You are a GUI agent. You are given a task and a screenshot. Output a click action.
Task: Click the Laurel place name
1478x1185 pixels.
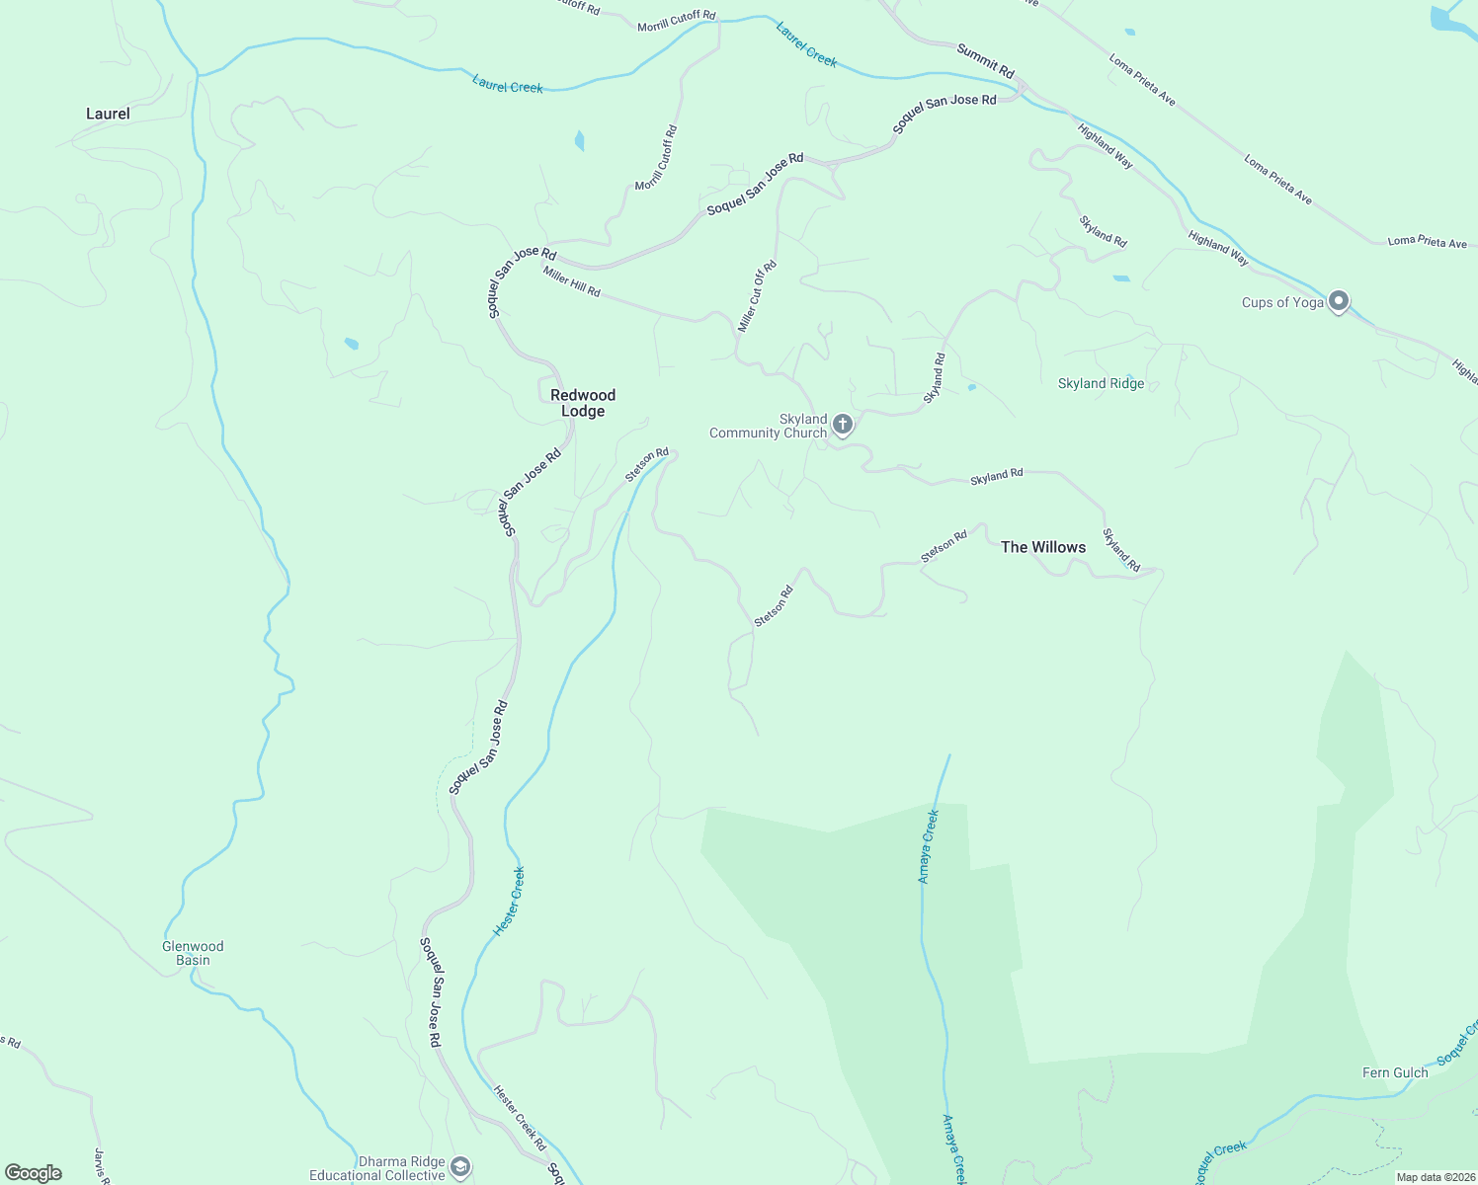(x=108, y=114)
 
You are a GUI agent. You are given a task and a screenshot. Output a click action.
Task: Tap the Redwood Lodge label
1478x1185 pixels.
(x=583, y=403)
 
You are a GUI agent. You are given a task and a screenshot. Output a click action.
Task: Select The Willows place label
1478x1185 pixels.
(x=1043, y=547)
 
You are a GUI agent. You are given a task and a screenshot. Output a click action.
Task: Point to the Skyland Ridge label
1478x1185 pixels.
(x=1101, y=384)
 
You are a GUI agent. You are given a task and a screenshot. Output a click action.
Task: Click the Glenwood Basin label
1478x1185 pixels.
(x=193, y=953)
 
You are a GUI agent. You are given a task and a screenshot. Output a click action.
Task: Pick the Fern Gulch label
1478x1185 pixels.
(x=1395, y=1072)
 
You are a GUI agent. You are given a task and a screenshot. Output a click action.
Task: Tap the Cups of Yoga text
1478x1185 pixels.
(x=1282, y=302)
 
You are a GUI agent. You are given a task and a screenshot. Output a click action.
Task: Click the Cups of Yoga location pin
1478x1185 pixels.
(x=1339, y=300)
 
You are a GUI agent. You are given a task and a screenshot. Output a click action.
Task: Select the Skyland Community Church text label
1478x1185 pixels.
(x=769, y=426)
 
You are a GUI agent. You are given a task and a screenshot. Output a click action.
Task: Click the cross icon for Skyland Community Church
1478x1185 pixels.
(x=843, y=425)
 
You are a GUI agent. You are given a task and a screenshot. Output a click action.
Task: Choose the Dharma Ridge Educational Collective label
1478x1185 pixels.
(x=377, y=1168)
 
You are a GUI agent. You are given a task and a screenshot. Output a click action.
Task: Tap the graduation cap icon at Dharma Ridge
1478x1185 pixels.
(x=459, y=1167)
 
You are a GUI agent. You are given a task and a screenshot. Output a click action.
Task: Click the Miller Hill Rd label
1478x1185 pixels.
(x=571, y=281)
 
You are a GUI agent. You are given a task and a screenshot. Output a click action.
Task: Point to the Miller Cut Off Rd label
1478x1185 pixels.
(x=758, y=295)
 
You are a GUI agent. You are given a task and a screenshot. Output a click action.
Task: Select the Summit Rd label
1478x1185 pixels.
(x=985, y=60)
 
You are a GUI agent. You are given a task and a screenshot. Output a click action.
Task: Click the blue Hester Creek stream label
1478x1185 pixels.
(x=509, y=902)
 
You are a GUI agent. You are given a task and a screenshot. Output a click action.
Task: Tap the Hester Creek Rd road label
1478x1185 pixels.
(x=520, y=1118)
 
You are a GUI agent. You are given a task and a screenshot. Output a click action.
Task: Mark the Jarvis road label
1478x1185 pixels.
(x=100, y=1165)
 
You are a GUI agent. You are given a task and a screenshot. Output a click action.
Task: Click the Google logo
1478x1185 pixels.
(x=34, y=1173)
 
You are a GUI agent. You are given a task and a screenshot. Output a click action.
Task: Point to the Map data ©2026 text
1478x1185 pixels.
(x=1436, y=1177)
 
